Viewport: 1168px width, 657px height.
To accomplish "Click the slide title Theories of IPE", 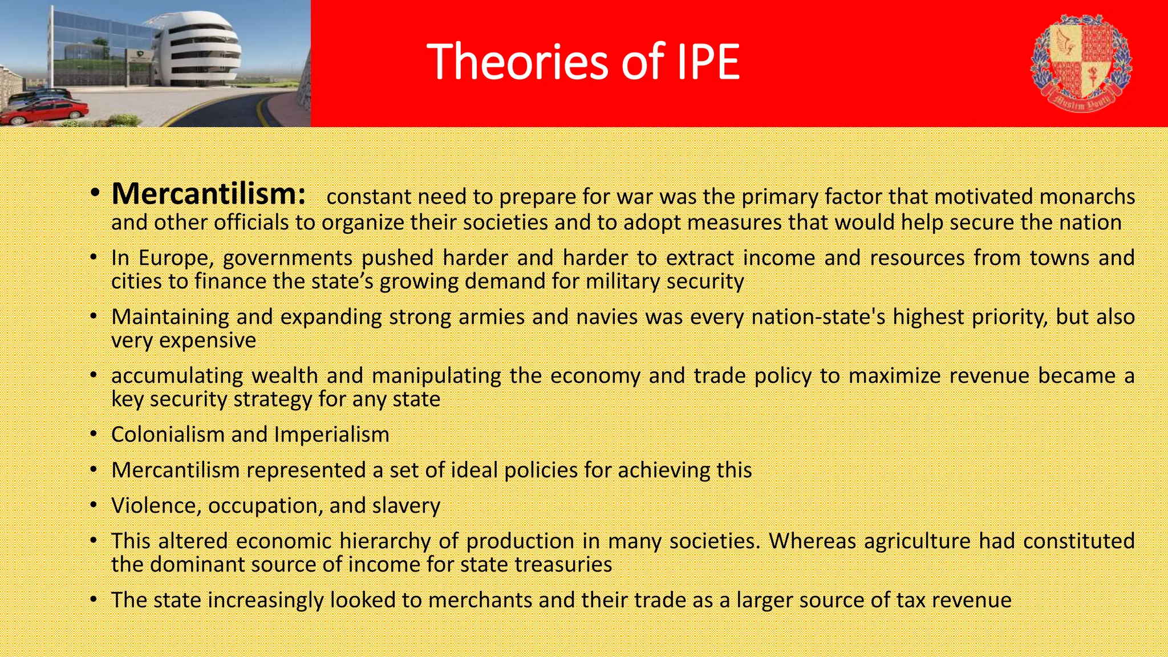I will pos(583,62).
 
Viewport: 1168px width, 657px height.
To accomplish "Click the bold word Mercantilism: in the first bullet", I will pos(209,194).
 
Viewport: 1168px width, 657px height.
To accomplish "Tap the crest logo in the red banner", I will pos(1081,63).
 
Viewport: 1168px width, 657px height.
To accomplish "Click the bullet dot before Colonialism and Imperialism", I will pos(94,435).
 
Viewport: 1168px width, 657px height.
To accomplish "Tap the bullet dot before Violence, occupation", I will pos(94,506).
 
